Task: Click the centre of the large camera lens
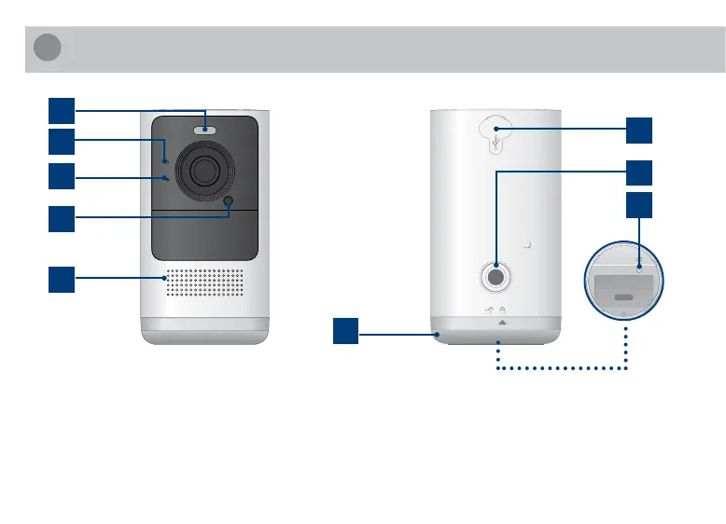pos(204,172)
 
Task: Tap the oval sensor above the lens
pos(204,131)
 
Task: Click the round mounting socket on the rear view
pos(496,277)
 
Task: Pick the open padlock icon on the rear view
pos(488,310)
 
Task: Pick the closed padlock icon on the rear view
pos(502,310)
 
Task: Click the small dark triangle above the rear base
pos(502,322)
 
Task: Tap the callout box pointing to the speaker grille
pos(63,278)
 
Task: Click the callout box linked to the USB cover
pos(639,131)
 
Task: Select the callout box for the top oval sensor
pos(63,110)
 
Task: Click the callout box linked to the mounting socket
pos(639,172)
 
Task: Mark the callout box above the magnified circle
pos(639,206)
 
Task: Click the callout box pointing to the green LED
pos(63,142)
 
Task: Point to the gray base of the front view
pos(204,330)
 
